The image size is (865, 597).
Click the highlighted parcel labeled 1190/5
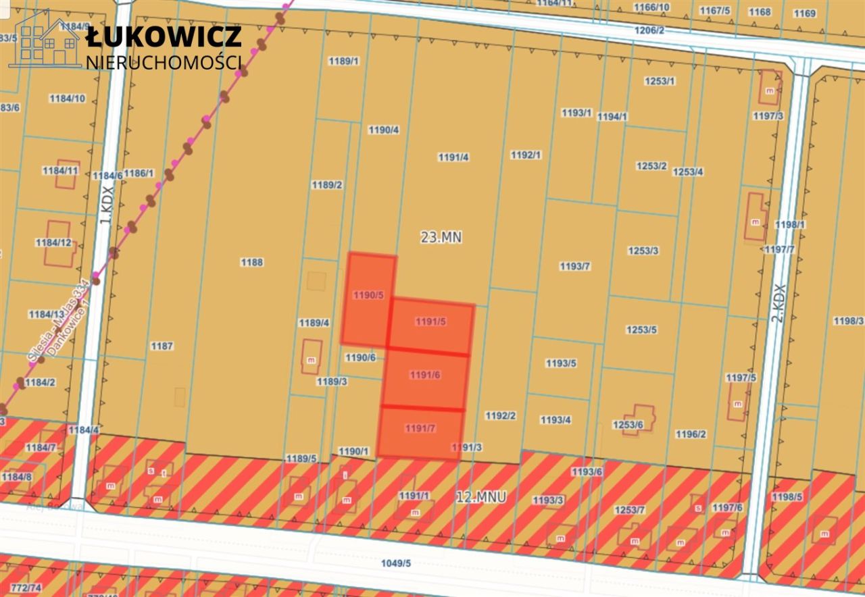[x=368, y=297]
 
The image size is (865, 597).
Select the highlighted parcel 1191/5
[x=430, y=323]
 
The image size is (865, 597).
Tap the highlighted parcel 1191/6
[x=425, y=375]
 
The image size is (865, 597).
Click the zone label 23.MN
[x=441, y=237]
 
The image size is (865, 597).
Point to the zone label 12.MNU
[x=481, y=498]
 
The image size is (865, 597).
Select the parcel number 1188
[x=251, y=262]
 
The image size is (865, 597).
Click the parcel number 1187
[x=162, y=346]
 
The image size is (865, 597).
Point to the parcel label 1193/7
[x=575, y=266]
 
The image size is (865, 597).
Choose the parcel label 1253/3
[x=643, y=251]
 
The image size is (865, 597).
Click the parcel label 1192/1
[x=526, y=155]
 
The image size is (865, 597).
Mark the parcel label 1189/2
[x=326, y=184]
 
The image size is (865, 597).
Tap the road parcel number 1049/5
[x=396, y=563]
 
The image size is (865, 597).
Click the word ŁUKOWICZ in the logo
[x=164, y=36]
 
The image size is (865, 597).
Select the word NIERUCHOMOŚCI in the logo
[x=164, y=62]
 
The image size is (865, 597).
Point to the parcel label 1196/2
[x=691, y=434]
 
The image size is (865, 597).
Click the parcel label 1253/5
[x=641, y=330]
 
